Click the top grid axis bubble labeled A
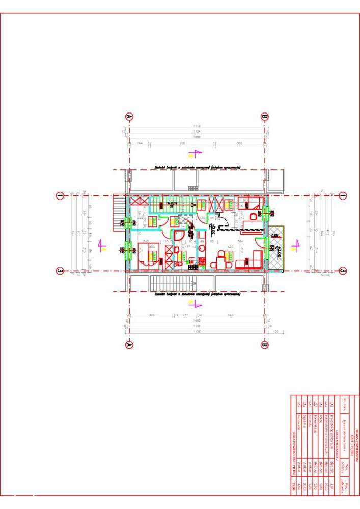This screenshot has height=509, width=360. tap(129, 117)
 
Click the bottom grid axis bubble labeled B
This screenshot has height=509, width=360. tap(264, 345)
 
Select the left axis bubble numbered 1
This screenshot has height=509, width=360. tap(60, 195)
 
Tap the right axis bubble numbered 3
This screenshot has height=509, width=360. tap(343, 271)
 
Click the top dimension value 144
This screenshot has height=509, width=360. tap(140, 143)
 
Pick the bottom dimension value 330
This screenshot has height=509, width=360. tap(152, 315)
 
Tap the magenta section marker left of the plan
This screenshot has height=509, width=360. tap(102, 246)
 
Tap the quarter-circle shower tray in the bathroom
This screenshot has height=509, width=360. tap(179, 236)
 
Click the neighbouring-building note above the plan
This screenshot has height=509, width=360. tap(197, 167)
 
